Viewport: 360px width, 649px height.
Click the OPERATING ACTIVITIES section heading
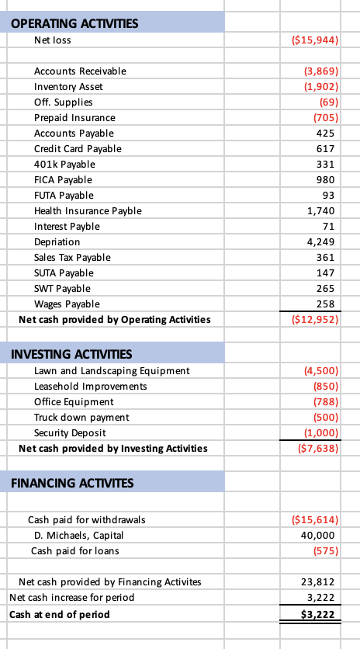pos(75,23)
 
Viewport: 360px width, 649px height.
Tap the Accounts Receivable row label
pos(80,71)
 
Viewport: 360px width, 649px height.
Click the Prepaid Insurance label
pos(74,117)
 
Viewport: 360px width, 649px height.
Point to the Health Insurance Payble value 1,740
pos(320,210)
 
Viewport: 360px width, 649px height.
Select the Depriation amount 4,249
pos(320,241)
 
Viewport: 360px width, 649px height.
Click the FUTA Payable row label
pos(64,195)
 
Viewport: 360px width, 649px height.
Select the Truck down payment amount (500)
pos(322,417)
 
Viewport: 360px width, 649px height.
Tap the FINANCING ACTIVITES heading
pos(72,483)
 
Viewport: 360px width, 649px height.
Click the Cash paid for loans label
pos(69,550)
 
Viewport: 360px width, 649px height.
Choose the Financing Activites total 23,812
pos(318,581)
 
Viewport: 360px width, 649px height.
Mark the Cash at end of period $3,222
pos(318,614)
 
